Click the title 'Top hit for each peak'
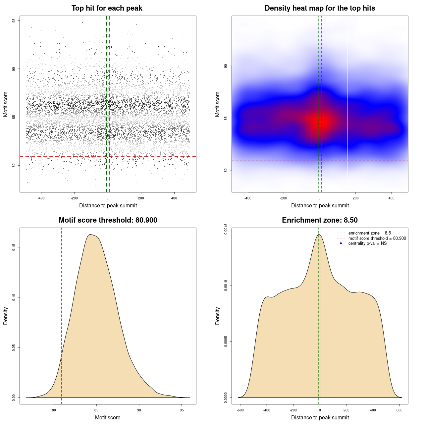(x=107, y=8)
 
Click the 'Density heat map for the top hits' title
(x=320, y=8)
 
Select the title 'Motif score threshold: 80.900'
(x=108, y=220)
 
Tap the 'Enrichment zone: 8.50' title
(x=320, y=220)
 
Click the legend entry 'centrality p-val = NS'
(x=367, y=243)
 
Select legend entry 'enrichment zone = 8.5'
(x=369, y=233)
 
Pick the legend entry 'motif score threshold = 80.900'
(x=377, y=238)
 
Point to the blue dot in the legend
(x=341, y=243)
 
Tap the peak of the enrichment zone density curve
(x=319, y=235)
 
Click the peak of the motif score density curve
(x=90, y=235)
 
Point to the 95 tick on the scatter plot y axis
(x=14, y=21)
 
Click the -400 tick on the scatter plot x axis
(x=41, y=198)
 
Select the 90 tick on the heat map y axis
(x=226, y=66)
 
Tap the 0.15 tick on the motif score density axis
(x=14, y=247)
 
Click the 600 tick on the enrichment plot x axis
(x=399, y=410)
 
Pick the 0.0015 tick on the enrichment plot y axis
(x=226, y=229)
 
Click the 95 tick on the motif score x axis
(x=182, y=410)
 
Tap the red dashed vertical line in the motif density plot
(x=61, y=315)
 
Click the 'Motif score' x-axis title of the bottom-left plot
(x=108, y=417)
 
